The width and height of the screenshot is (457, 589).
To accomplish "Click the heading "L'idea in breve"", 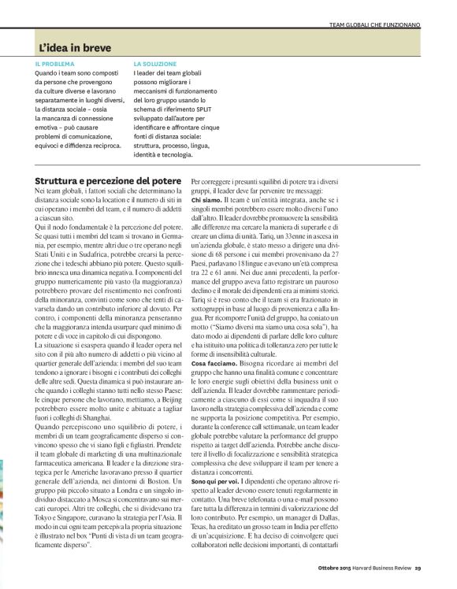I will coord(76,49).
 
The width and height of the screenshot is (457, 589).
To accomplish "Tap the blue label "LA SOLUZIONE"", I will coord(155,63).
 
